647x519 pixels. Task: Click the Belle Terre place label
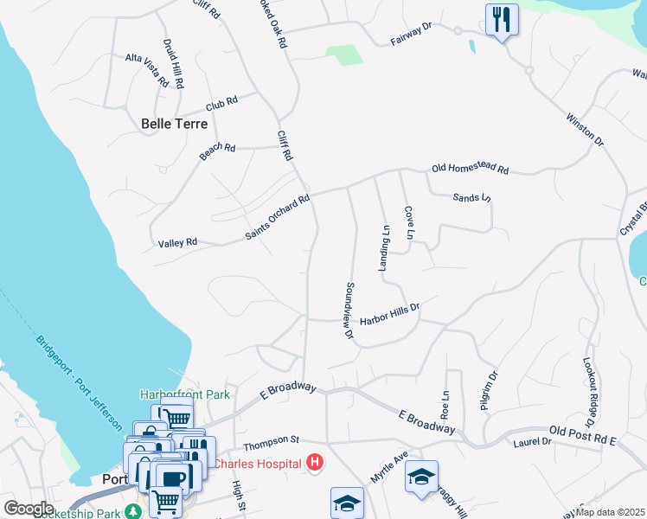(x=175, y=124)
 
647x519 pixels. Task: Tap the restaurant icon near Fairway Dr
(x=502, y=20)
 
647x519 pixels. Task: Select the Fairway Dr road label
(x=411, y=34)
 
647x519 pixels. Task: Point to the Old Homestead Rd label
(x=470, y=170)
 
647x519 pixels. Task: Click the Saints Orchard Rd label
(x=277, y=218)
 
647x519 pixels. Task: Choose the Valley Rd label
(x=178, y=243)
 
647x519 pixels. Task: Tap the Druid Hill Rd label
(x=173, y=64)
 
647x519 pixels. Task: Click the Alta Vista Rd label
(x=146, y=69)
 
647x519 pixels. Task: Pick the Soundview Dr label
(x=349, y=309)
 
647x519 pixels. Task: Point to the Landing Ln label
(x=386, y=248)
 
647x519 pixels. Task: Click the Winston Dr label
(x=585, y=127)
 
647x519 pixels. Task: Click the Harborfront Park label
(x=185, y=394)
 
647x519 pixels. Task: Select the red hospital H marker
(x=315, y=464)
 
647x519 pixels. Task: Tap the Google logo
(x=28, y=509)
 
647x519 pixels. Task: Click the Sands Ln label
(x=471, y=198)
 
